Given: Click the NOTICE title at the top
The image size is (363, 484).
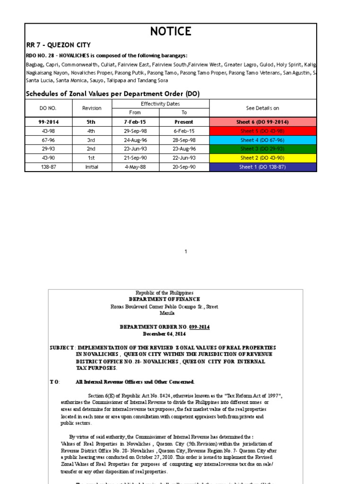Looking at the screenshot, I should pyautogui.click(x=171, y=32).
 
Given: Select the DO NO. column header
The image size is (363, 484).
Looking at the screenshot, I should pyautogui.click(x=48, y=108).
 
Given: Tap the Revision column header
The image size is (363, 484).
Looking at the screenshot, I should pyautogui.click(x=92, y=108).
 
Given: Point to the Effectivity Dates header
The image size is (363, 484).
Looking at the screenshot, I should pyautogui.click(x=160, y=104).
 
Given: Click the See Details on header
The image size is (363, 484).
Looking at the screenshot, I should pyautogui.click(x=262, y=108).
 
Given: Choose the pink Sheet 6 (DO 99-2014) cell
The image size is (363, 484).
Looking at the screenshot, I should pyautogui.click(x=262, y=122).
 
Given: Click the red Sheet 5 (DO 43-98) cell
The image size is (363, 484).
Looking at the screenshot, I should pyautogui.click(x=262, y=131).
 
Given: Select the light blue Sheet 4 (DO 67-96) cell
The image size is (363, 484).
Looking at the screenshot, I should pyautogui.click(x=262, y=140).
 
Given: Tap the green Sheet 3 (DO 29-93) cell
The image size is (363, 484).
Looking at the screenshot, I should pyautogui.click(x=262, y=149).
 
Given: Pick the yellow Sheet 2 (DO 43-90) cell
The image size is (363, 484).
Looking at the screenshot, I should pyautogui.click(x=262, y=158).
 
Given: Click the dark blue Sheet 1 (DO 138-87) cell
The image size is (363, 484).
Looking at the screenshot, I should pyautogui.click(x=262, y=167).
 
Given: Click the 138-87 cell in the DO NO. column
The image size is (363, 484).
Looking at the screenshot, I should pyautogui.click(x=48, y=167).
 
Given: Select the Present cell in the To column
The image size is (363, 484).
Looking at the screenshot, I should pyautogui.click(x=184, y=122).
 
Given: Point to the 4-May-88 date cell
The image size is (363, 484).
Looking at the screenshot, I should pyautogui.click(x=135, y=167).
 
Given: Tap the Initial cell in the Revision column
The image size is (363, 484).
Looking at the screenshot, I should pyautogui.click(x=92, y=167).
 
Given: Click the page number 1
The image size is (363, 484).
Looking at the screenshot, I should pyautogui.click(x=186, y=251).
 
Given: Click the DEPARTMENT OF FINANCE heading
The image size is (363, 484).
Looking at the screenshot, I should pyautogui.click(x=164, y=299).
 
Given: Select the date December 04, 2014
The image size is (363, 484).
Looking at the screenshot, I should pyautogui.click(x=164, y=333).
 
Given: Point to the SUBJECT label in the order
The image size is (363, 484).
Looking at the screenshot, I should pyautogui.click(x=62, y=347).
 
